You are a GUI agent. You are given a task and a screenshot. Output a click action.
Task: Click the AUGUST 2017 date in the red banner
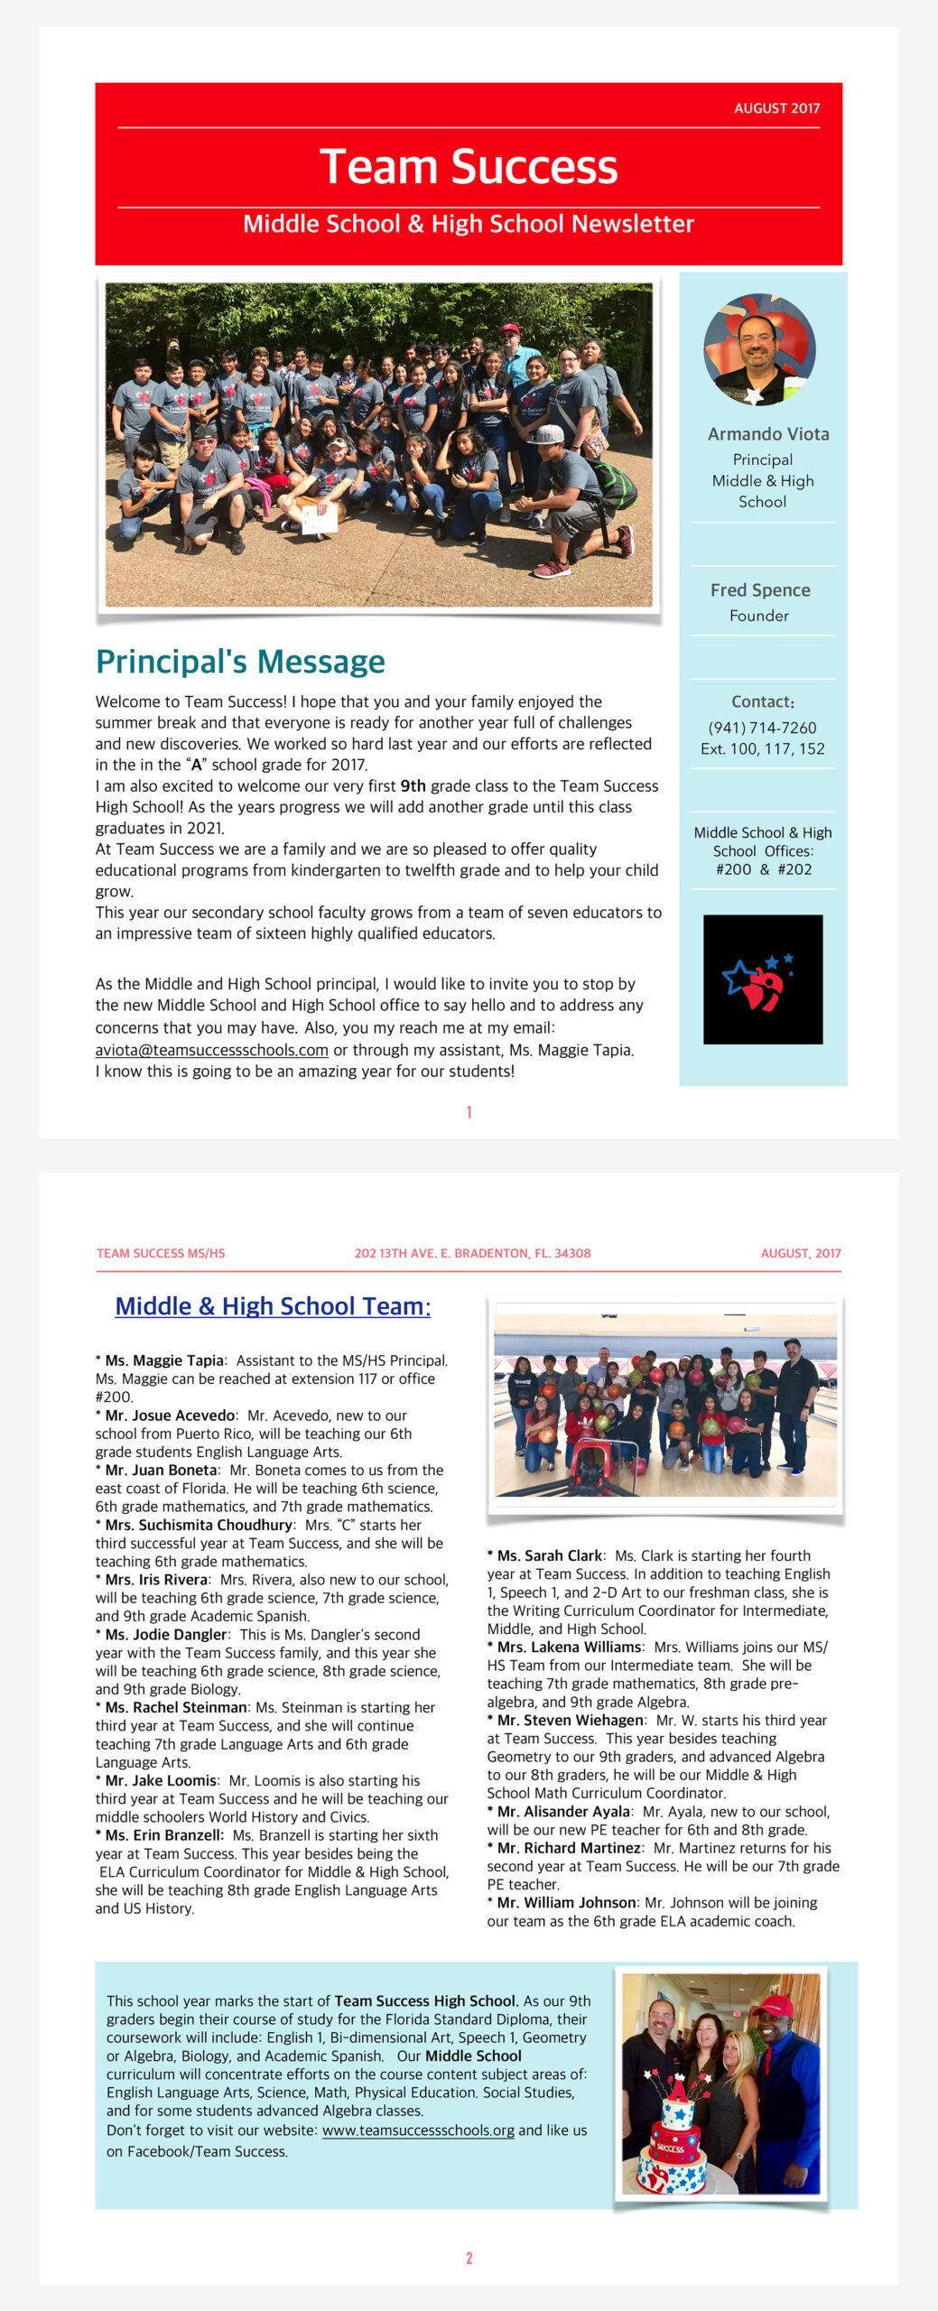coord(776,108)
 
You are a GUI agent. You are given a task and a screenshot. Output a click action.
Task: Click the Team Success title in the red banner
coord(469,167)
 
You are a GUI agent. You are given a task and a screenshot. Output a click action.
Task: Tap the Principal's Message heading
coord(240,662)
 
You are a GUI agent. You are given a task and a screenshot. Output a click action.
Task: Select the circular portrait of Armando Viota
coord(759,349)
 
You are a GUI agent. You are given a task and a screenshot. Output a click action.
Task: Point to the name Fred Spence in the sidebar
coord(760,590)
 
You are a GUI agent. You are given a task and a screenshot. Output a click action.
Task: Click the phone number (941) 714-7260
coord(762,728)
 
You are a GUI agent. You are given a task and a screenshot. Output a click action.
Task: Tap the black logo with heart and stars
coord(763,979)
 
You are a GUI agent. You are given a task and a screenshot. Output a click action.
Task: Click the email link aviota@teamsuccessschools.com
coord(212,1050)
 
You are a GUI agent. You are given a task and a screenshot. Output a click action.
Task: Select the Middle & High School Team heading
coord(273,1306)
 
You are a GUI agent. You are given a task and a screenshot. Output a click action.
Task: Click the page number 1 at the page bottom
coord(469,1112)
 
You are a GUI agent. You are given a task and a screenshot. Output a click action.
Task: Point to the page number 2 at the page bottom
coord(469,2258)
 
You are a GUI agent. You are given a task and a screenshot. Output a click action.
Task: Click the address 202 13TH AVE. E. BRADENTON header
coord(472,1253)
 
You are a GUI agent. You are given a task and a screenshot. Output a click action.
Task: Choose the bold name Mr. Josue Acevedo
coord(171,1415)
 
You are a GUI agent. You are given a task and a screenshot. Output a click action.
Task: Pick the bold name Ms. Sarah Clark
coord(550,1555)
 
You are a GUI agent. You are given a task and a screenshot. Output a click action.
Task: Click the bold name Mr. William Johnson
coord(567,1902)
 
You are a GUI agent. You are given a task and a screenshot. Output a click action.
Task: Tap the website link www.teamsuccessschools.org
coord(418,2130)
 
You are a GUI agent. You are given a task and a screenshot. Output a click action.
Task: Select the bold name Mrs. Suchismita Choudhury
coord(199,1525)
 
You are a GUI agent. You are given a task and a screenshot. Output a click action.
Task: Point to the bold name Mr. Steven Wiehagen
coord(571,1720)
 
